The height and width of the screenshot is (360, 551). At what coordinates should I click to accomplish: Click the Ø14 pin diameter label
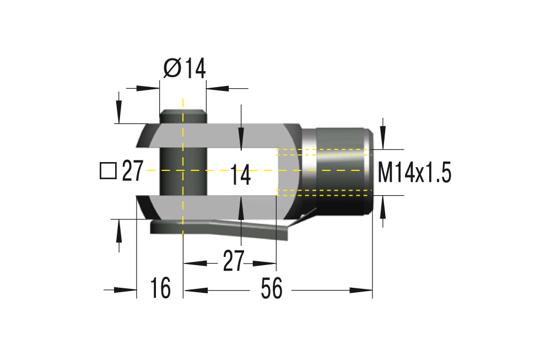pos(185,69)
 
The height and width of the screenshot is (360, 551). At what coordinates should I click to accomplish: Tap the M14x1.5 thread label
pos(414,174)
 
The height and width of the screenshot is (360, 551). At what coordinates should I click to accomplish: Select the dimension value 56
pos(272,289)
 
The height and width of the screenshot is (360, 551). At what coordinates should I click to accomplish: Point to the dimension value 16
pos(160,289)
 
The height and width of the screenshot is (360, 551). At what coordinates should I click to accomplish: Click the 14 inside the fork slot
pos(240,175)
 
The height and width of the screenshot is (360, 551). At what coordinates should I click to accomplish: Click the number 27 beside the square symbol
pos(132,171)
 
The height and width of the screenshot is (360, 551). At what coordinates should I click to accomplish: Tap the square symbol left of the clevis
pos(108,171)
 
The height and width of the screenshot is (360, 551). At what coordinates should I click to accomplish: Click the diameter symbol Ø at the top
pos(172,69)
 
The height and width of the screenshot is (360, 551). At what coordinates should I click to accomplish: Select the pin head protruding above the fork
pos(182,117)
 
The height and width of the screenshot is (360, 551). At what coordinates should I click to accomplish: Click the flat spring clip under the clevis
pos(220,228)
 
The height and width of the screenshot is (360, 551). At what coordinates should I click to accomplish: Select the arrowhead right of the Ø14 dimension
pos(218,87)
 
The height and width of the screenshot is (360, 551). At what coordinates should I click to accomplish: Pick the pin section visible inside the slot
pos(182,171)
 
